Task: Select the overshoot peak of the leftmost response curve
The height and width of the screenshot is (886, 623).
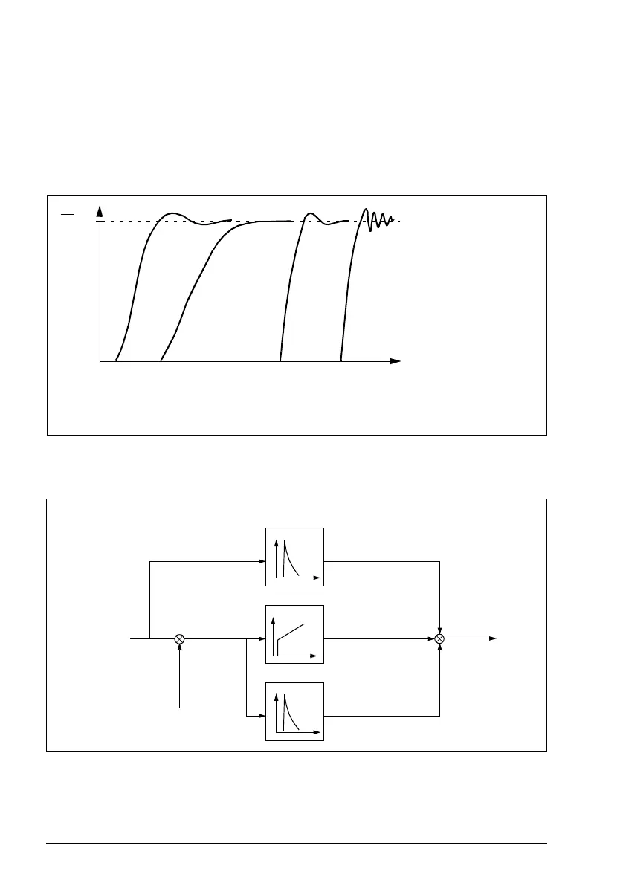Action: coord(172,214)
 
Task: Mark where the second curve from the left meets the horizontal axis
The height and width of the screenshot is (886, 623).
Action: coord(161,360)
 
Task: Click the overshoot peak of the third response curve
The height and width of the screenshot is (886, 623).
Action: coord(310,214)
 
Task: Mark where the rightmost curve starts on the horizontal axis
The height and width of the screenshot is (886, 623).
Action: coord(340,360)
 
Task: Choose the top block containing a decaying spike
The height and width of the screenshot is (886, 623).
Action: coord(295,557)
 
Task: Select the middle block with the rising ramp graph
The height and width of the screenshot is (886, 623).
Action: coord(295,634)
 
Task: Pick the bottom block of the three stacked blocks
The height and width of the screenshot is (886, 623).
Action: coord(295,711)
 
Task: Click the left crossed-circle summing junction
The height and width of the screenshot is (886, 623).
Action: coord(179,638)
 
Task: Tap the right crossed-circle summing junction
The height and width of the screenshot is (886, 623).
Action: coord(440,638)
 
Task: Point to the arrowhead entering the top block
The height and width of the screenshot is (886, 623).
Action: coord(262,562)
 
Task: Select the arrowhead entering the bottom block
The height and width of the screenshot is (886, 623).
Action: coord(262,717)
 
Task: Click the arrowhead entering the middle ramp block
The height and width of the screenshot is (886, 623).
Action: coord(262,638)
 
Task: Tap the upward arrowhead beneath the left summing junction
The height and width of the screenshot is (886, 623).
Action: coord(179,647)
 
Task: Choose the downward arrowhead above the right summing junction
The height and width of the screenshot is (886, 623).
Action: coord(440,630)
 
